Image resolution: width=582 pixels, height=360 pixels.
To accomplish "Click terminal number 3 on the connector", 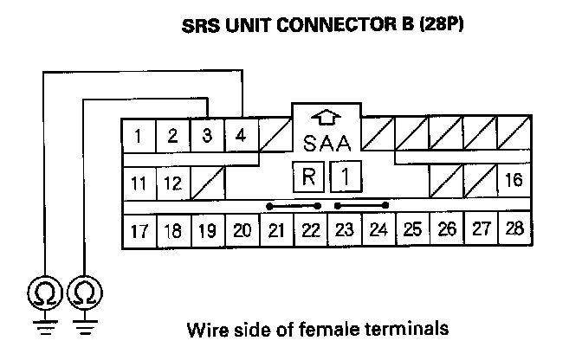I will pyautogui.click(x=207, y=136).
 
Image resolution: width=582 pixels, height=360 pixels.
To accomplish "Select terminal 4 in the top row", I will pyautogui.click(x=241, y=136).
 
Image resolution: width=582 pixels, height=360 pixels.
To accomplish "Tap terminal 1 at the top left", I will pyautogui.click(x=139, y=136).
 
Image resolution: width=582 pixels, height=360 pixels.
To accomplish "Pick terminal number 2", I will pyautogui.click(x=173, y=136).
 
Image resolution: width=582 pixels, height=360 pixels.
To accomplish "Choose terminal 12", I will pyautogui.click(x=173, y=183).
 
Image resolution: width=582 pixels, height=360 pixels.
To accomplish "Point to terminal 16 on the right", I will pyautogui.click(x=514, y=181).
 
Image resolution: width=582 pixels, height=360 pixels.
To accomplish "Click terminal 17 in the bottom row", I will pyautogui.click(x=139, y=230).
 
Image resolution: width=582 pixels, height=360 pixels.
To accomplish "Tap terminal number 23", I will pyautogui.click(x=344, y=230).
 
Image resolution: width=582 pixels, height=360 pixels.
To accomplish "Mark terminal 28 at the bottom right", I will pyautogui.click(x=514, y=230).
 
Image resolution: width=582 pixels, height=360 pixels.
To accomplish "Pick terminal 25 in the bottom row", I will pyautogui.click(x=412, y=230).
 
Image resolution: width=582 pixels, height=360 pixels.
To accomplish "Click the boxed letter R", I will pyautogui.click(x=308, y=178).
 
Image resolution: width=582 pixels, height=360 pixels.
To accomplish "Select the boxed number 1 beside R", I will pyautogui.click(x=345, y=178).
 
